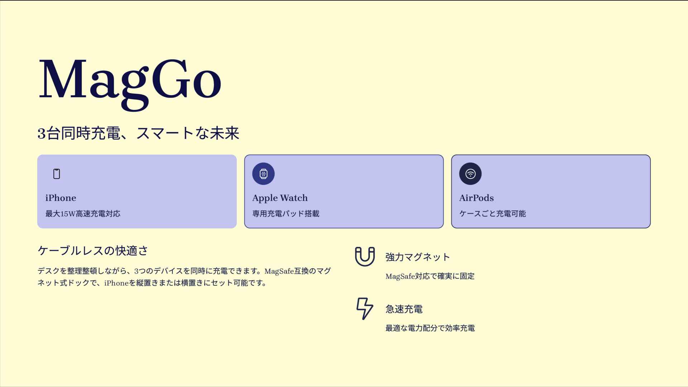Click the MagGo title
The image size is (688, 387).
point(130,84)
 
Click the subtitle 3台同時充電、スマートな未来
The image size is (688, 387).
point(138,133)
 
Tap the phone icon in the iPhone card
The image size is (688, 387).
point(57,174)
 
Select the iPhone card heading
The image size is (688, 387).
point(61,198)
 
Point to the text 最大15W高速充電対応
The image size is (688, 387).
point(83,214)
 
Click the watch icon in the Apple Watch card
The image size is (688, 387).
point(263,174)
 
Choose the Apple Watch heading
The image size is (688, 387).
point(280,198)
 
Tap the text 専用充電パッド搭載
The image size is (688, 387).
point(286,214)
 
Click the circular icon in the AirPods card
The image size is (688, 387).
point(470,174)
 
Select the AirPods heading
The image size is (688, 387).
point(476,198)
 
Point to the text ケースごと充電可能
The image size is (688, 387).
point(492,214)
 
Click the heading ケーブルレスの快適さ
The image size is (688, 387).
point(93,250)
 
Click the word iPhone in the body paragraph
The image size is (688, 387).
point(116,283)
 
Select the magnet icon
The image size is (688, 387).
point(365,256)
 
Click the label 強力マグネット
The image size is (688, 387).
point(417,257)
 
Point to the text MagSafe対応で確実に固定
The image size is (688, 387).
point(430,276)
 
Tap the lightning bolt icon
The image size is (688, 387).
point(365,308)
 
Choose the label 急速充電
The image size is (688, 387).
point(404,309)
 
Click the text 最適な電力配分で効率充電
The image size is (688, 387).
point(430,328)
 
